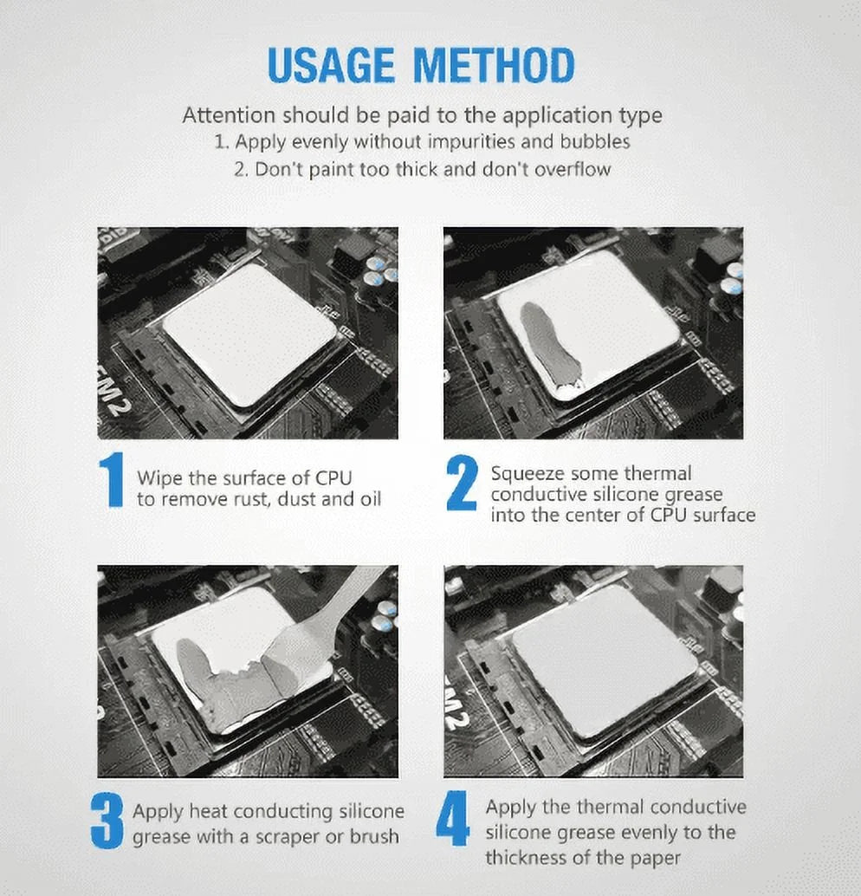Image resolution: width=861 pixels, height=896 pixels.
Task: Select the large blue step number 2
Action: click(462, 483)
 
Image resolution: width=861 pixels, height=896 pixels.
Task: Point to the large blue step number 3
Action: click(107, 822)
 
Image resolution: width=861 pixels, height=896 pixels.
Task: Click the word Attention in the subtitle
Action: click(228, 115)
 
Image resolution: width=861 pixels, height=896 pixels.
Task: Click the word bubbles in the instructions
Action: click(595, 141)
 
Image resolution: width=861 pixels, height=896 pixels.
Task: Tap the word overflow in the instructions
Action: click(572, 169)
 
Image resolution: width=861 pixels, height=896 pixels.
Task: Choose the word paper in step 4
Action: click(657, 858)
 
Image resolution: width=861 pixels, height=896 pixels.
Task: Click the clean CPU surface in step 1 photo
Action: click(249, 334)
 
